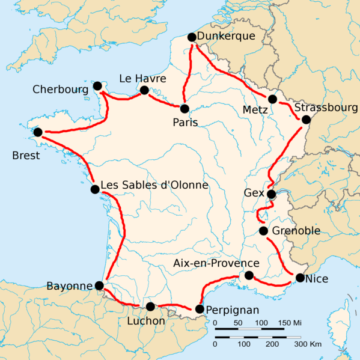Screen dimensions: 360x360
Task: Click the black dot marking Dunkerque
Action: coord(193,39)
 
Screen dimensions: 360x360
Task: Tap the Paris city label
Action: coord(185,122)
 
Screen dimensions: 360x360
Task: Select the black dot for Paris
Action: coord(185,107)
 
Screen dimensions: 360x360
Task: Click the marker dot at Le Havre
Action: coord(144,91)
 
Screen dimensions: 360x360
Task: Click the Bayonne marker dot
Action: coord(100,286)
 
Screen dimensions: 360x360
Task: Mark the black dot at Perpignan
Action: coord(199,309)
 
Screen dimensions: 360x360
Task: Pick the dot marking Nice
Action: coord(300,277)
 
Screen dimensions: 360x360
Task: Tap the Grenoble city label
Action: coord(295,231)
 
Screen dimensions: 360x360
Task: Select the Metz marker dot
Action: coord(273,99)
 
